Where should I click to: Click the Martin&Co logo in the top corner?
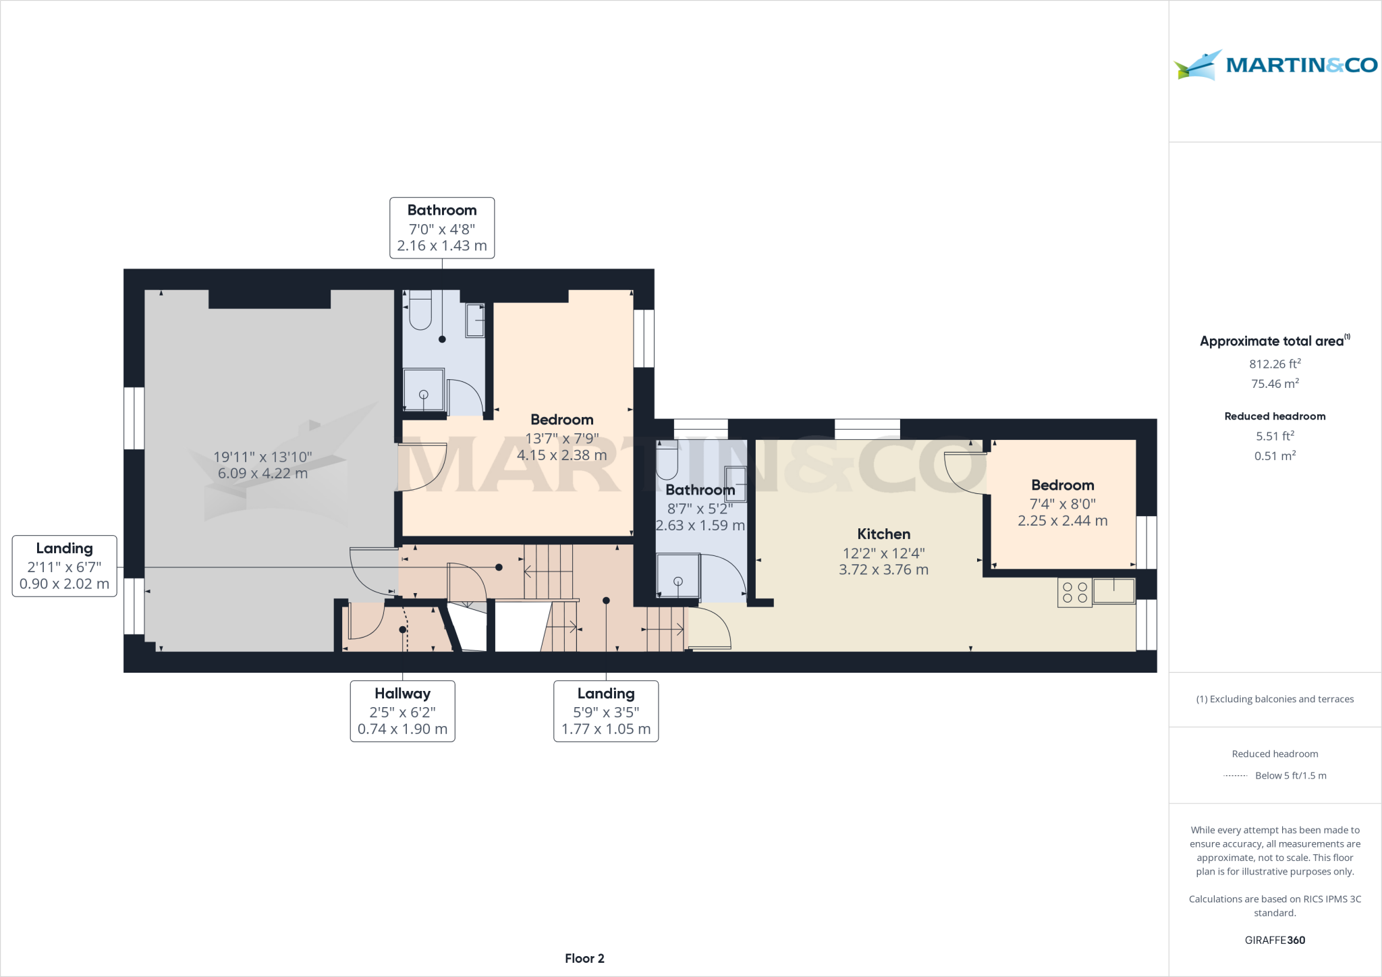[1275, 65]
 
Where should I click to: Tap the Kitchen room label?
[883, 534]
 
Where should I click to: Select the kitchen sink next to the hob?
[1113, 591]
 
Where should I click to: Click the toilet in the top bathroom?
[420, 312]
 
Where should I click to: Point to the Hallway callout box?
[402, 711]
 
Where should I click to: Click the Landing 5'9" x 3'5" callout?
[605, 711]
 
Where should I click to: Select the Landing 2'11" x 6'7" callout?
[64, 566]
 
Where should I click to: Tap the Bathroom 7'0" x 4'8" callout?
[442, 228]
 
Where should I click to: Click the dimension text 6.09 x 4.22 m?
[262, 474]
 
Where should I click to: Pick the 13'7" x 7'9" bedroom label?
[561, 437]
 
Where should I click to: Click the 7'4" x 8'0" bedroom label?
[1062, 503]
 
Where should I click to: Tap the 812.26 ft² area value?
[1274, 364]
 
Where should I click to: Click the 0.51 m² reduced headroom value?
[1274, 456]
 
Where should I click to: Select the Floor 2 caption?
[584, 958]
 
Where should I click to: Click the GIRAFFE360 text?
[1274, 940]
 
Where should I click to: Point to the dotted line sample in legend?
[1235, 776]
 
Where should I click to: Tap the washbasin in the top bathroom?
[476, 320]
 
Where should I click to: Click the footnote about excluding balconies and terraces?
[1274, 699]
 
